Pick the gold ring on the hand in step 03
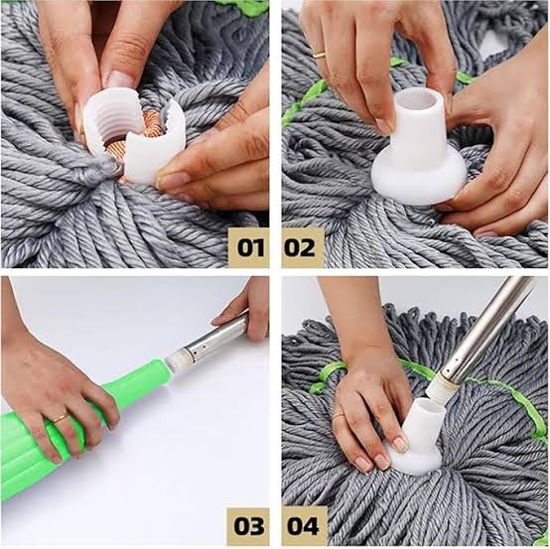click(61, 418)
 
